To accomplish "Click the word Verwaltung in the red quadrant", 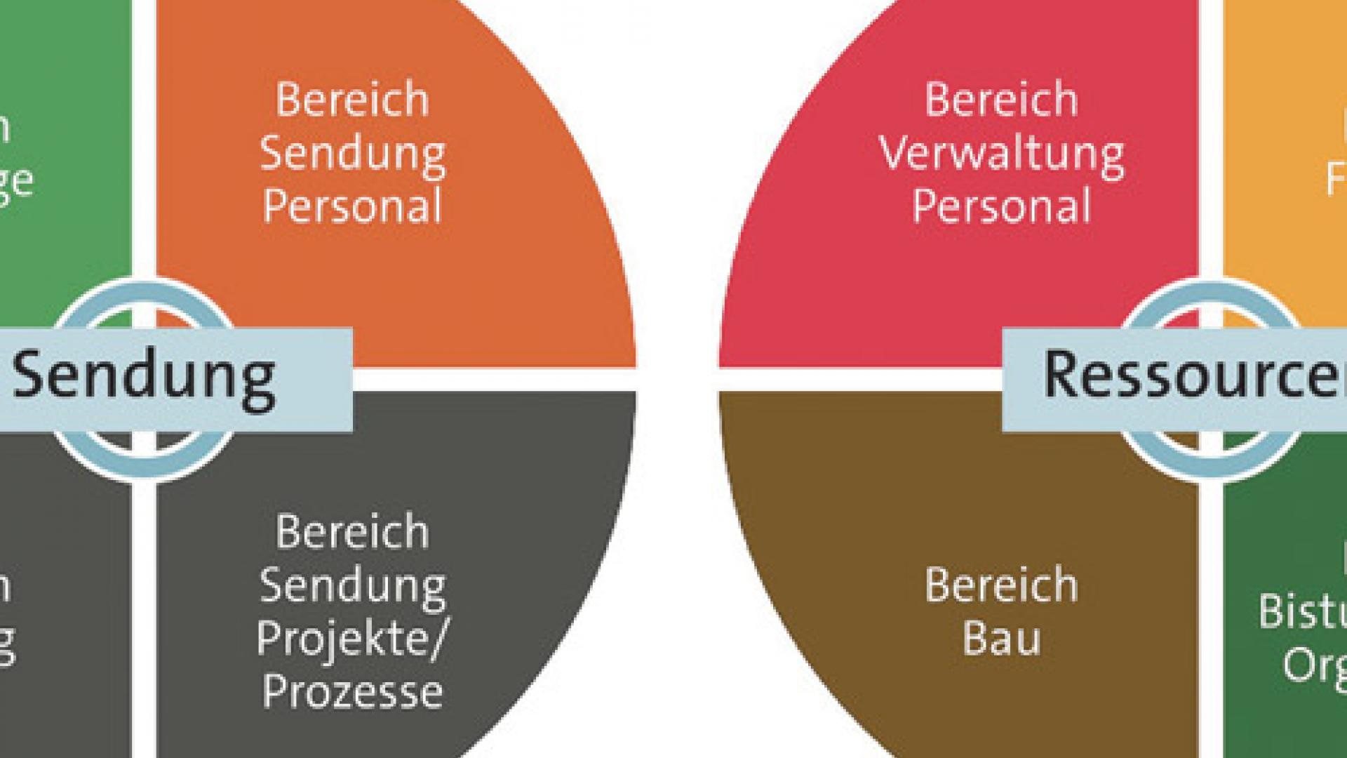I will [1001, 154].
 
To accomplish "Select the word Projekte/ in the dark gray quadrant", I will [351, 639].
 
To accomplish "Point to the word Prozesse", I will [352, 691].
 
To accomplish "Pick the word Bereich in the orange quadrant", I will [352, 100].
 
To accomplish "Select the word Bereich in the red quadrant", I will [1001, 100].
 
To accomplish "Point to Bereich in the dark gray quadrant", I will [352, 532].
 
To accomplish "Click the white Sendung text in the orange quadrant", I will [352, 154].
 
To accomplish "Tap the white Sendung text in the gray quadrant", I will [352, 586].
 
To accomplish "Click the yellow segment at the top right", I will [1284, 105].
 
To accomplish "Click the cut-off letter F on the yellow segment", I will [1335, 179].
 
